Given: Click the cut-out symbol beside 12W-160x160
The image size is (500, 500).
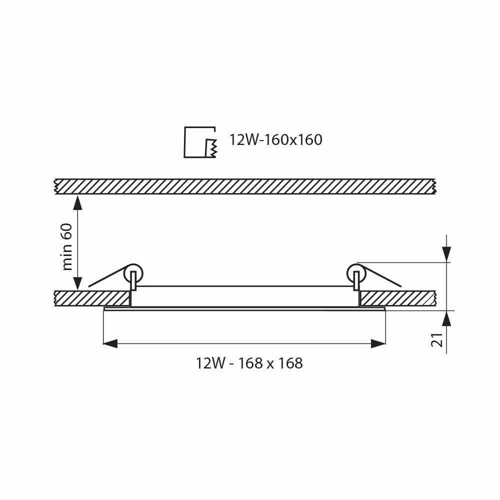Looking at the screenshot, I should pos(200,142).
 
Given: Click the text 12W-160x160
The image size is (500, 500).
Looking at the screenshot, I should pos(275,140).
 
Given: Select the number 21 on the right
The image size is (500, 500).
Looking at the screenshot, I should pos(437,339).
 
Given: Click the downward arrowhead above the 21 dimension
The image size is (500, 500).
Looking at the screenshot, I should pos(446,254).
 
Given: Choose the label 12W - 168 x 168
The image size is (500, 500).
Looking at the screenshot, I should pos(249,363).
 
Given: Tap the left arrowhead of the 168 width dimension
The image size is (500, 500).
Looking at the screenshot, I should pos(110,343).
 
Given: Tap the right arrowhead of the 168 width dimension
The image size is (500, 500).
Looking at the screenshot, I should pos(378,343).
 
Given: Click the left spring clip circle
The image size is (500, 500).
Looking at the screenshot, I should pos(133,273).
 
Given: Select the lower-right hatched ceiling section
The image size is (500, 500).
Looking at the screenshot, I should pos(397,298).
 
